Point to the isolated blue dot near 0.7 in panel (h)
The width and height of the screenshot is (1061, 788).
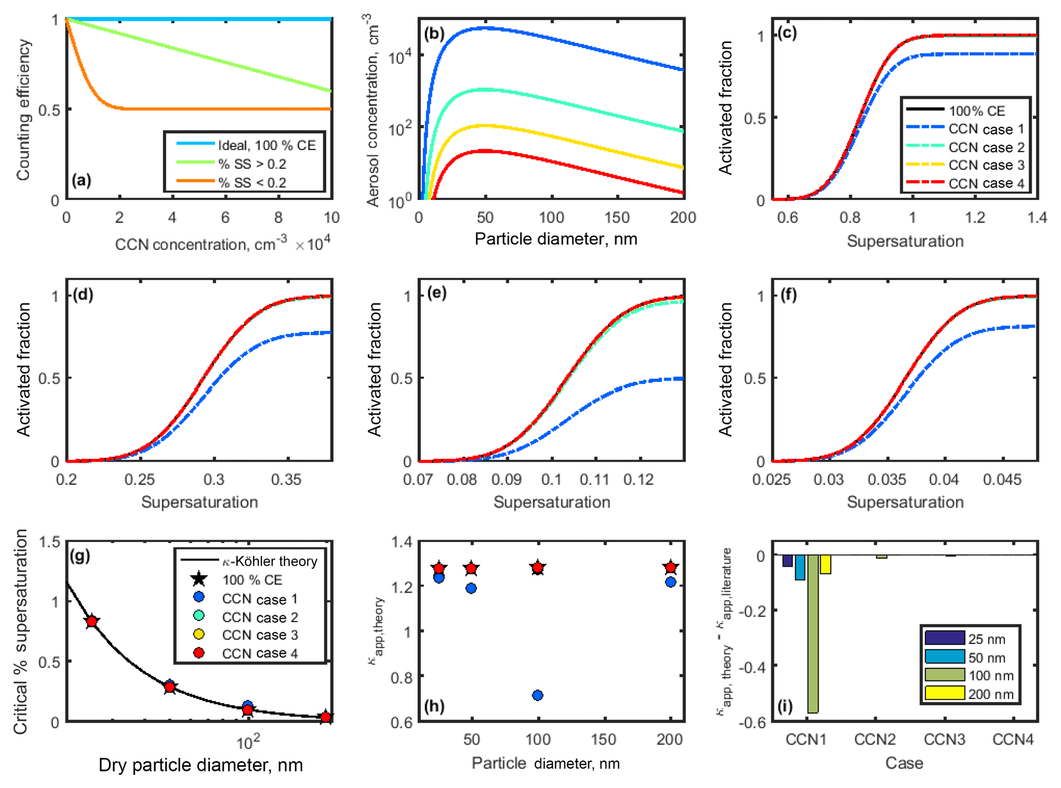(537, 695)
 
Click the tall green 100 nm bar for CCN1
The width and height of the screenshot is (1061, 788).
(813, 633)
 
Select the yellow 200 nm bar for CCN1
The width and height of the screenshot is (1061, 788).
(825, 564)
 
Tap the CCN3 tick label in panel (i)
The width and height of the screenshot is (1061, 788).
(944, 740)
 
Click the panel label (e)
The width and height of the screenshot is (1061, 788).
(437, 293)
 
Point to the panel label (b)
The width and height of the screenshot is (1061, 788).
(434, 34)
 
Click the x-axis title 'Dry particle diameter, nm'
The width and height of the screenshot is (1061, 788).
(200, 765)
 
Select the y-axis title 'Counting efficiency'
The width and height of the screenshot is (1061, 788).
(24, 110)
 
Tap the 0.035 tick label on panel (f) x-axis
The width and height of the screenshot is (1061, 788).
(887, 479)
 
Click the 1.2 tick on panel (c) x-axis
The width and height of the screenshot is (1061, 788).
(975, 218)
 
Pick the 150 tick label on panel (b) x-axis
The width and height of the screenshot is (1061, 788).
(617, 218)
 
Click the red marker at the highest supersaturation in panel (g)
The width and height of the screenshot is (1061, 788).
(92, 622)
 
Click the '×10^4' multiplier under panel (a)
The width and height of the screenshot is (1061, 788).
(313, 243)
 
